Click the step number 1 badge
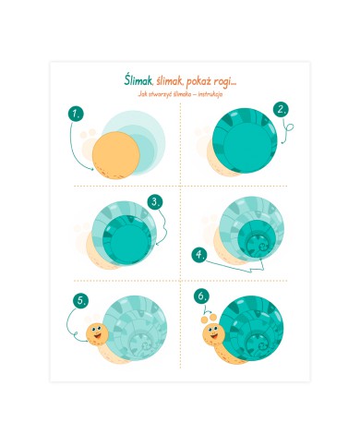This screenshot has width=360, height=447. pyautogui.click(x=76, y=115)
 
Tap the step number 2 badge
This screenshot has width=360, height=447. pyautogui.click(x=282, y=110)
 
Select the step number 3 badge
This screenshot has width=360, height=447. pyautogui.click(x=155, y=202)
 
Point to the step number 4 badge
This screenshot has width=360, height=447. pyautogui.click(x=199, y=255)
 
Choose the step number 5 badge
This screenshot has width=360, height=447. pyautogui.click(x=81, y=300)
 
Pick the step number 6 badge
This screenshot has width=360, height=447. pyautogui.click(x=201, y=296)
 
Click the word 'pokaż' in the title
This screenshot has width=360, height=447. pyautogui.click(x=201, y=81)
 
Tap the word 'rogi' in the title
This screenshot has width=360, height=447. pyautogui.click(x=227, y=82)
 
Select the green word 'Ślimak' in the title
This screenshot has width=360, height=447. pyautogui.click(x=138, y=79)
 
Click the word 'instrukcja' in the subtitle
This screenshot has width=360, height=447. pyautogui.click(x=210, y=94)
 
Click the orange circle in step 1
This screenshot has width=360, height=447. pyautogui.click(x=116, y=155)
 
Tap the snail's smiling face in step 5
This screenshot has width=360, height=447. pyautogui.click(x=97, y=333)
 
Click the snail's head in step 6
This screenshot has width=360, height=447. pyautogui.click(x=213, y=334)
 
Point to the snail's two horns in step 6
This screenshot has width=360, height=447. pyautogui.click(x=209, y=319)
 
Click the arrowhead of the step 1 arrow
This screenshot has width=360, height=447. pyautogui.click(x=92, y=168)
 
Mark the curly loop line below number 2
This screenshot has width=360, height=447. pyautogui.click(x=287, y=129)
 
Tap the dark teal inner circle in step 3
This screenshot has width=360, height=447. pyautogui.click(x=126, y=240)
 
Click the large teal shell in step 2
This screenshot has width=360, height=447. pyautogui.click(x=245, y=140)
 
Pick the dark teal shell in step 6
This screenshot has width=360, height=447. pyautogui.click(x=252, y=328)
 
